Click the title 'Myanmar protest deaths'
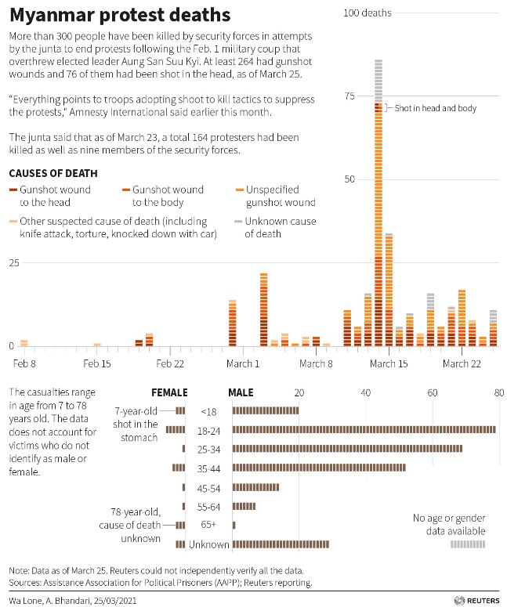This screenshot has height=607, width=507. [120, 15]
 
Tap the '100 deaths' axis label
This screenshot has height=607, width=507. [367, 13]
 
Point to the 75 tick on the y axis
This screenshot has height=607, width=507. [349, 96]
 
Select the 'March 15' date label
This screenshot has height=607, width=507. [389, 363]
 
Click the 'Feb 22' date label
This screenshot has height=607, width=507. [169, 363]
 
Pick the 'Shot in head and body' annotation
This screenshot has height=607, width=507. [435, 108]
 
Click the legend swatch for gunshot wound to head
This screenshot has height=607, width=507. [13, 190]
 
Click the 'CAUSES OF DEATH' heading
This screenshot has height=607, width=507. [53, 173]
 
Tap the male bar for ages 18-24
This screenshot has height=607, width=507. [364, 429]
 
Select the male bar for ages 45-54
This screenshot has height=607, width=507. [255, 487]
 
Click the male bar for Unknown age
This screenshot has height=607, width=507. [281, 544]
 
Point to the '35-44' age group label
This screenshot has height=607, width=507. [208, 468]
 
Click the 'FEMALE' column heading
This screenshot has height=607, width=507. [169, 393]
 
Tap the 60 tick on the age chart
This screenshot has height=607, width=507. [433, 393]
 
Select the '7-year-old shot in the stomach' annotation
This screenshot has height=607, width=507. [136, 424]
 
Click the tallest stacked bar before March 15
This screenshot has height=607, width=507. [378, 204]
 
